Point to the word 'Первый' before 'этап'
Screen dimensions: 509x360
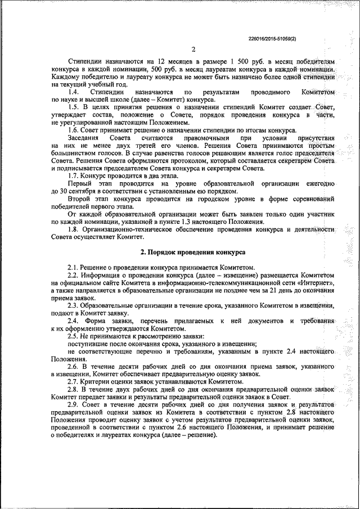click(79, 184)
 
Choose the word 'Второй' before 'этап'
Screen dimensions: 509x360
click(79, 200)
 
